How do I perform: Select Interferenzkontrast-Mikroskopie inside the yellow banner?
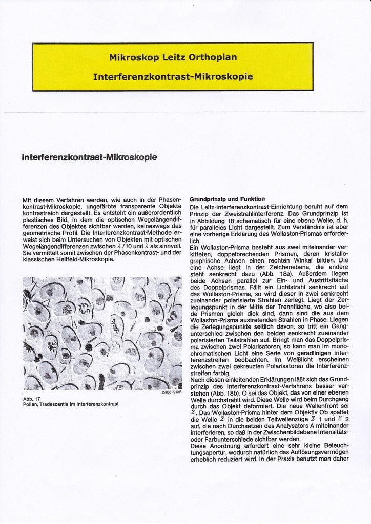coord(173,77)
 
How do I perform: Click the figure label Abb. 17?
coord(32,398)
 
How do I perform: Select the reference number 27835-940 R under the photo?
coord(171,392)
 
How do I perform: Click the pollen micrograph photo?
coord(102,333)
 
